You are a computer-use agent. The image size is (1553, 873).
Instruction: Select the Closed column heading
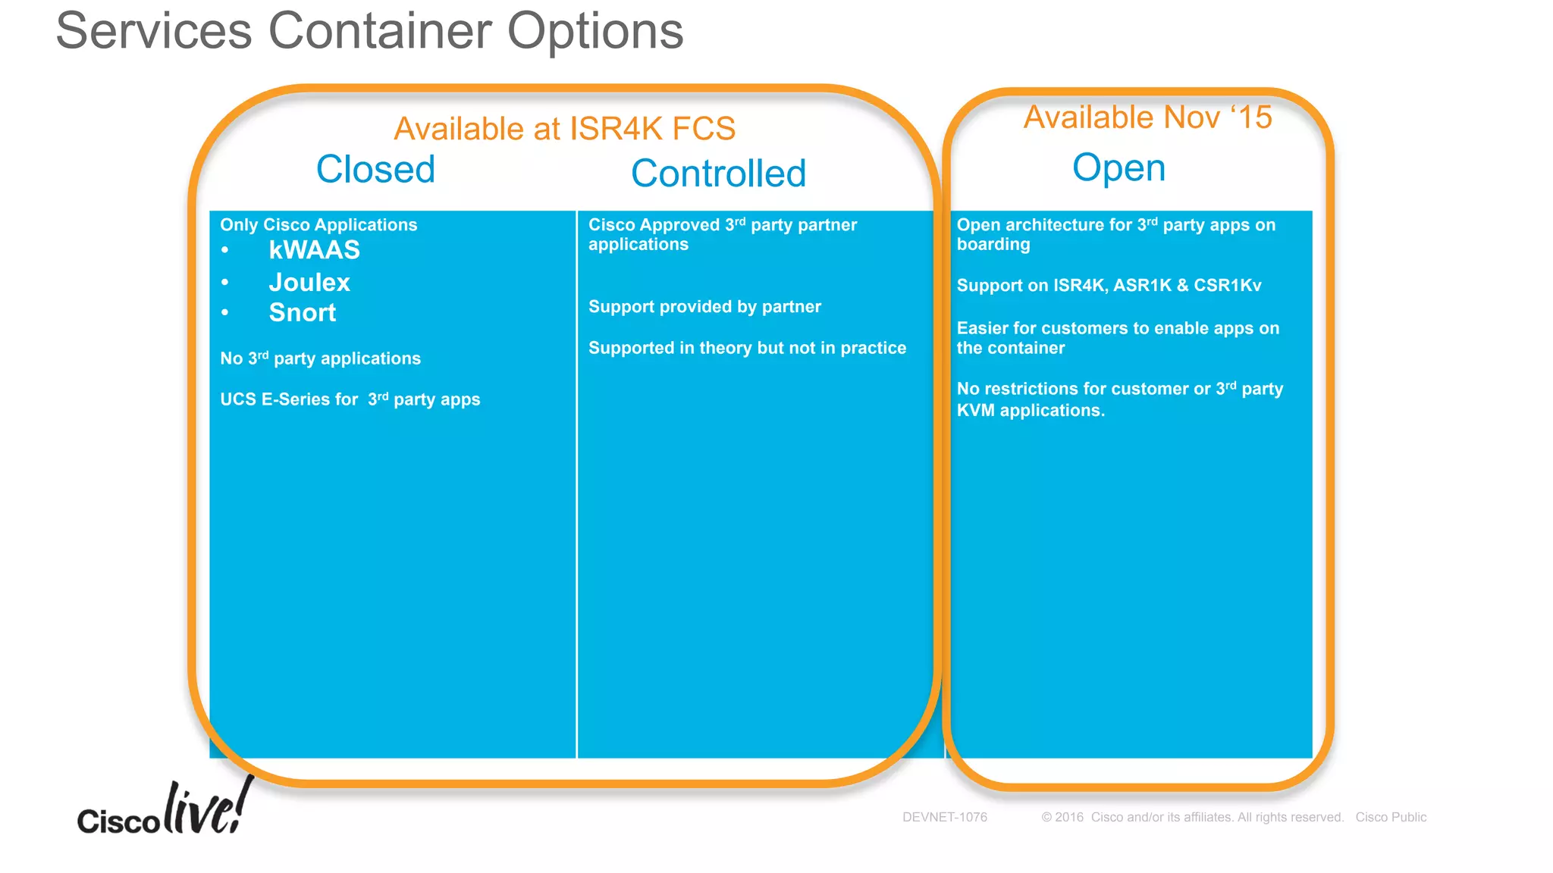[375, 169]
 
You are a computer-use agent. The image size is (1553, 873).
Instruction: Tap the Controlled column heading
[718, 174]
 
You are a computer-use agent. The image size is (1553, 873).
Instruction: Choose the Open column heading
[1118, 168]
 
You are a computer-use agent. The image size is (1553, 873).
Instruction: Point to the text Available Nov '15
[1147, 117]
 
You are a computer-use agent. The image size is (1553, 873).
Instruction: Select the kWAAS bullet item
[314, 250]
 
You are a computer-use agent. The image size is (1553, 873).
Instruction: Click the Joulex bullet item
[309, 283]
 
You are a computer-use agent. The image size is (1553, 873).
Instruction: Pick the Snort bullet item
[302, 313]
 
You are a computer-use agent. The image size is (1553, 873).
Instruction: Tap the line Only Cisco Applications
[318, 225]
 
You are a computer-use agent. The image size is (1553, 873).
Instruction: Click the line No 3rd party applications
[320, 358]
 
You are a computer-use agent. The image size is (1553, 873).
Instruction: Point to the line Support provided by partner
[704, 307]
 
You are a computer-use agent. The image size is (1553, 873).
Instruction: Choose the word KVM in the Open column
[975, 411]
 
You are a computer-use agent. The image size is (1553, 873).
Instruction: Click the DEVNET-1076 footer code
[944, 817]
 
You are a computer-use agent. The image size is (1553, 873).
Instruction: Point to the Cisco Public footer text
[1391, 817]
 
